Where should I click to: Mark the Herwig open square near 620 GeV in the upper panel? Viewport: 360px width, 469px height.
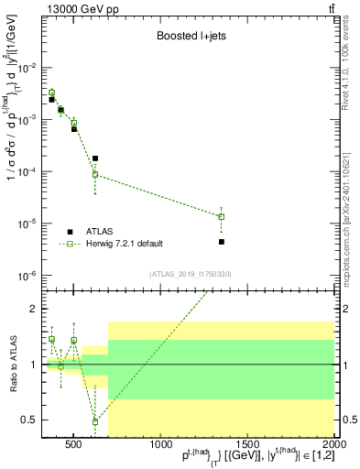point(95,174)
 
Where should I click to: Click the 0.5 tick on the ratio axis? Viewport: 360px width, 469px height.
point(29,420)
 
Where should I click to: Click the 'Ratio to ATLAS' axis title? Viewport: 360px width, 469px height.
point(11,365)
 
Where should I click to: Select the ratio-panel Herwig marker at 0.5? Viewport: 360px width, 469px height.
point(95,421)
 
